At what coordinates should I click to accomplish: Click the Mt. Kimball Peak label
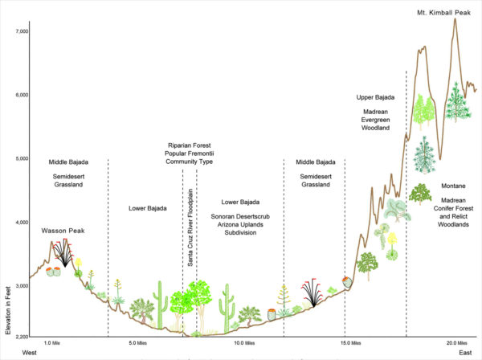click(444, 13)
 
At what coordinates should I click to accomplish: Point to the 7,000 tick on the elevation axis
click(18, 31)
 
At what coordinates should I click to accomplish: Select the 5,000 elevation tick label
click(18, 158)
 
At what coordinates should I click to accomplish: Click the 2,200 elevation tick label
click(18, 335)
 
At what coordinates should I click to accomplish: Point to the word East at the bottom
click(465, 353)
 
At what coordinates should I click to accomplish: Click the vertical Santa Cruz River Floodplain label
click(190, 233)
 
